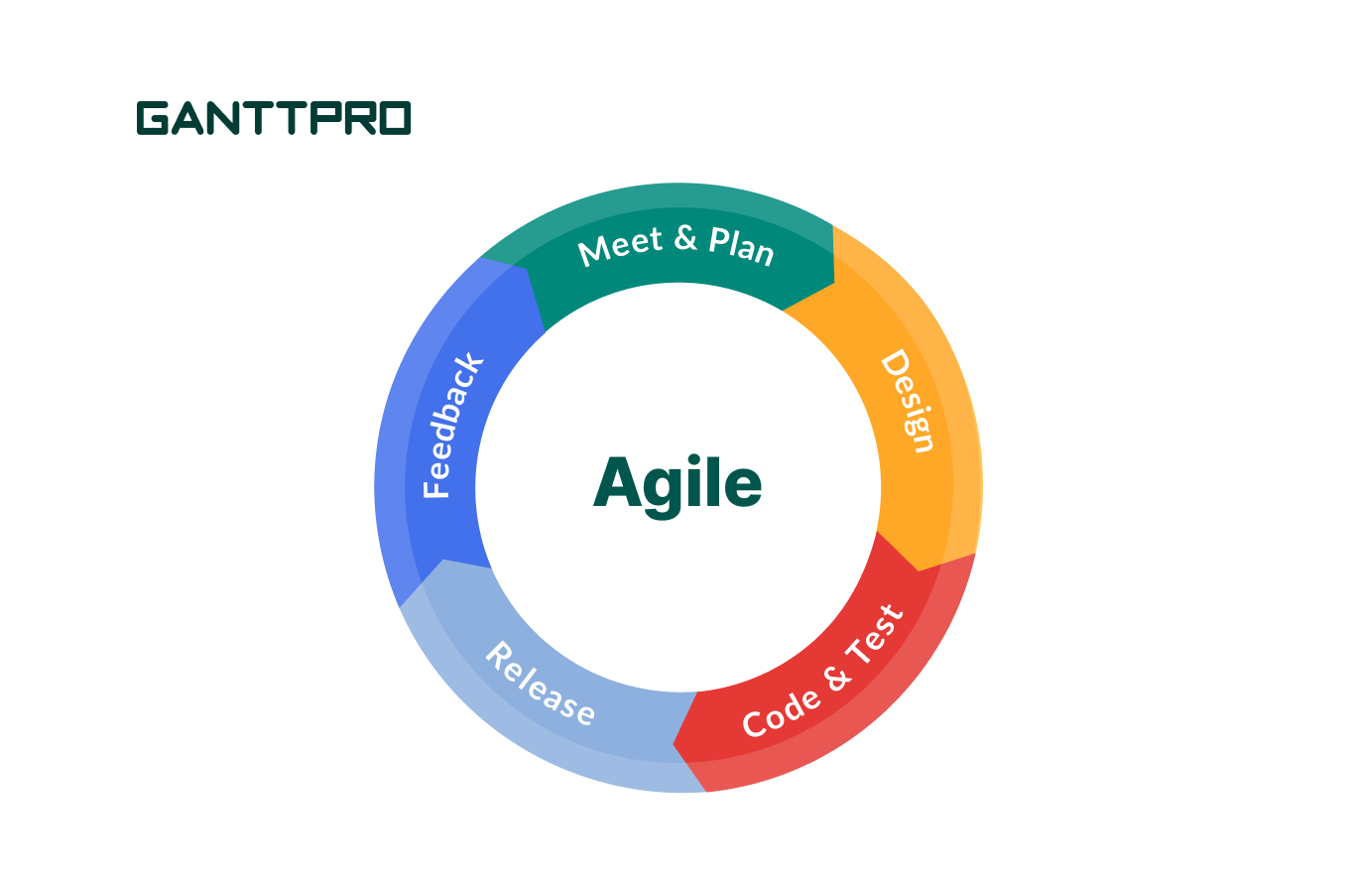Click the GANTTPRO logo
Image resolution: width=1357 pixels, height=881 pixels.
point(274,118)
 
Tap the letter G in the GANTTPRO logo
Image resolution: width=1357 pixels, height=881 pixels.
point(153,118)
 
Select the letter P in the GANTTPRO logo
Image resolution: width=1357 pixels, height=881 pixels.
point(327,118)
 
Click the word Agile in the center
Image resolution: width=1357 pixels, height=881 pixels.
point(678,486)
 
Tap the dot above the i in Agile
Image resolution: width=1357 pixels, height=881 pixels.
point(694,459)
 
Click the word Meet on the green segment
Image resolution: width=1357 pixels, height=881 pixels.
point(620,246)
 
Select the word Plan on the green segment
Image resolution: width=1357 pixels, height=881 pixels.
point(742,246)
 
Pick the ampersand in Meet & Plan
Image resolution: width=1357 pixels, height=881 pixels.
point(685,238)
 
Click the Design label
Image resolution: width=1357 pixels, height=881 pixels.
point(908,401)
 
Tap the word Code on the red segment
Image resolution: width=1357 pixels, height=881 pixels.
point(782,713)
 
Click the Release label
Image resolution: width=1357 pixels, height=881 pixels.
point(541,684)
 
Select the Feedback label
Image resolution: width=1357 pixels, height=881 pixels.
point(452,425)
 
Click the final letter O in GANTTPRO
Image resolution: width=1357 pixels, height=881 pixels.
point(395,118)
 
